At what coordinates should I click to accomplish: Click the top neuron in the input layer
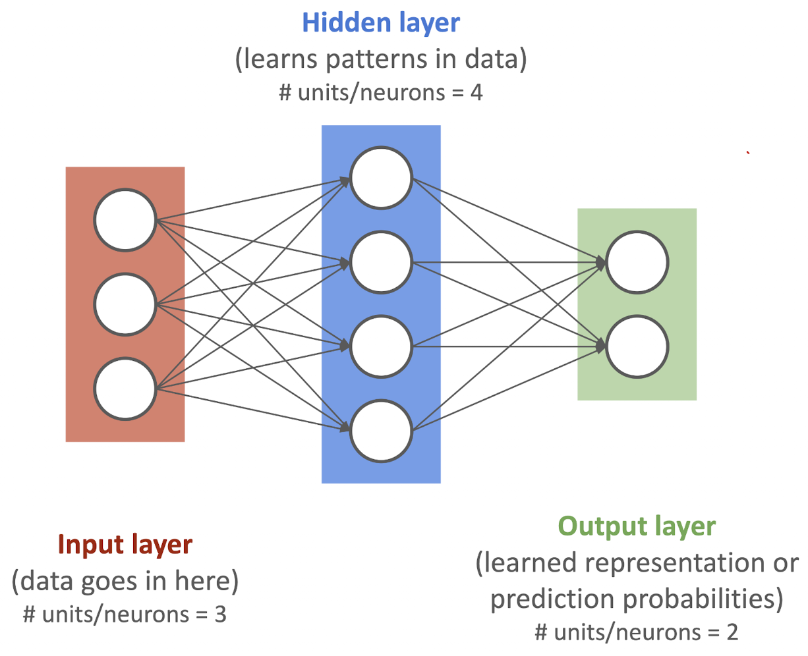(x=125, y=221)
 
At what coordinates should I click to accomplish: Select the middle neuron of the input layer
(x=125, y=304)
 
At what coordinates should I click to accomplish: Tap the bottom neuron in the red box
(x=125, y=389)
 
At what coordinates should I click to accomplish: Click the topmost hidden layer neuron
(x=381, y=178)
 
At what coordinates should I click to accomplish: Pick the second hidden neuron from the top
(x=381, y=262)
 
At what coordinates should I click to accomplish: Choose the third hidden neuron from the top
(x=381, y=346)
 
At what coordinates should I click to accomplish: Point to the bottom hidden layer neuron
(x=381, y=431)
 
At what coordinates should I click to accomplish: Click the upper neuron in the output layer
(x=637, y=262)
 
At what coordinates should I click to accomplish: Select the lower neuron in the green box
(x=637, y=346)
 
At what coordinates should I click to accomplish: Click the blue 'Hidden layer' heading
(x=381, y=23)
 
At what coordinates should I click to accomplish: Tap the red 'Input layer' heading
(x=125, y=545)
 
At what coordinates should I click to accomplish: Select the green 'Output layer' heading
(x=637, y=526)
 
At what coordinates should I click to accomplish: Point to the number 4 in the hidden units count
(x=476, y=92)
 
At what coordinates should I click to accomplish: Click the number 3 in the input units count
(x=220, y=615)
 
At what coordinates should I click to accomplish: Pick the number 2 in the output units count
(x=732, y=632)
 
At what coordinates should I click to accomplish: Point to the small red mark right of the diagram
(x=748, y=153)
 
